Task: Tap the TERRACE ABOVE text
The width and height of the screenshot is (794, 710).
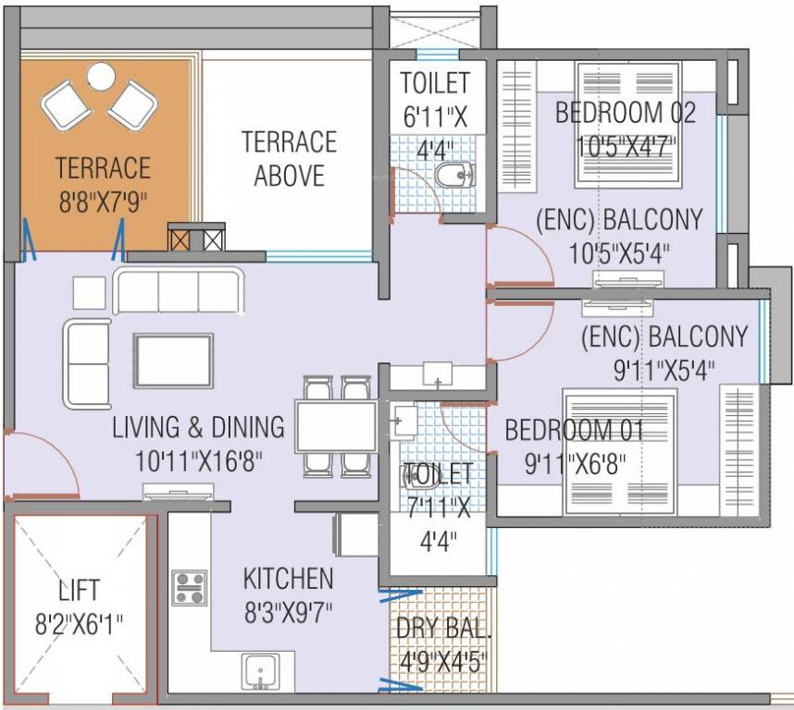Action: point(289,159)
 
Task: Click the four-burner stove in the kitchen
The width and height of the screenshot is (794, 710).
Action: point(190,588)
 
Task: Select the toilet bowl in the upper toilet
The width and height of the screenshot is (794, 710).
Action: point(454,173)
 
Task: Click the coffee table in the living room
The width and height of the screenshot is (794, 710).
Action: point(172,361)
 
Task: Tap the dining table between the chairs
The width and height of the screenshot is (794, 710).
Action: point(334,426)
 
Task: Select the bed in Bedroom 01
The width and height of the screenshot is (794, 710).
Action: point(620,453)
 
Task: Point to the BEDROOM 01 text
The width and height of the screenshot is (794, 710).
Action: point(574,430)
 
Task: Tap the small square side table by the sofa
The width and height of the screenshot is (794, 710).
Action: point(89,292)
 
